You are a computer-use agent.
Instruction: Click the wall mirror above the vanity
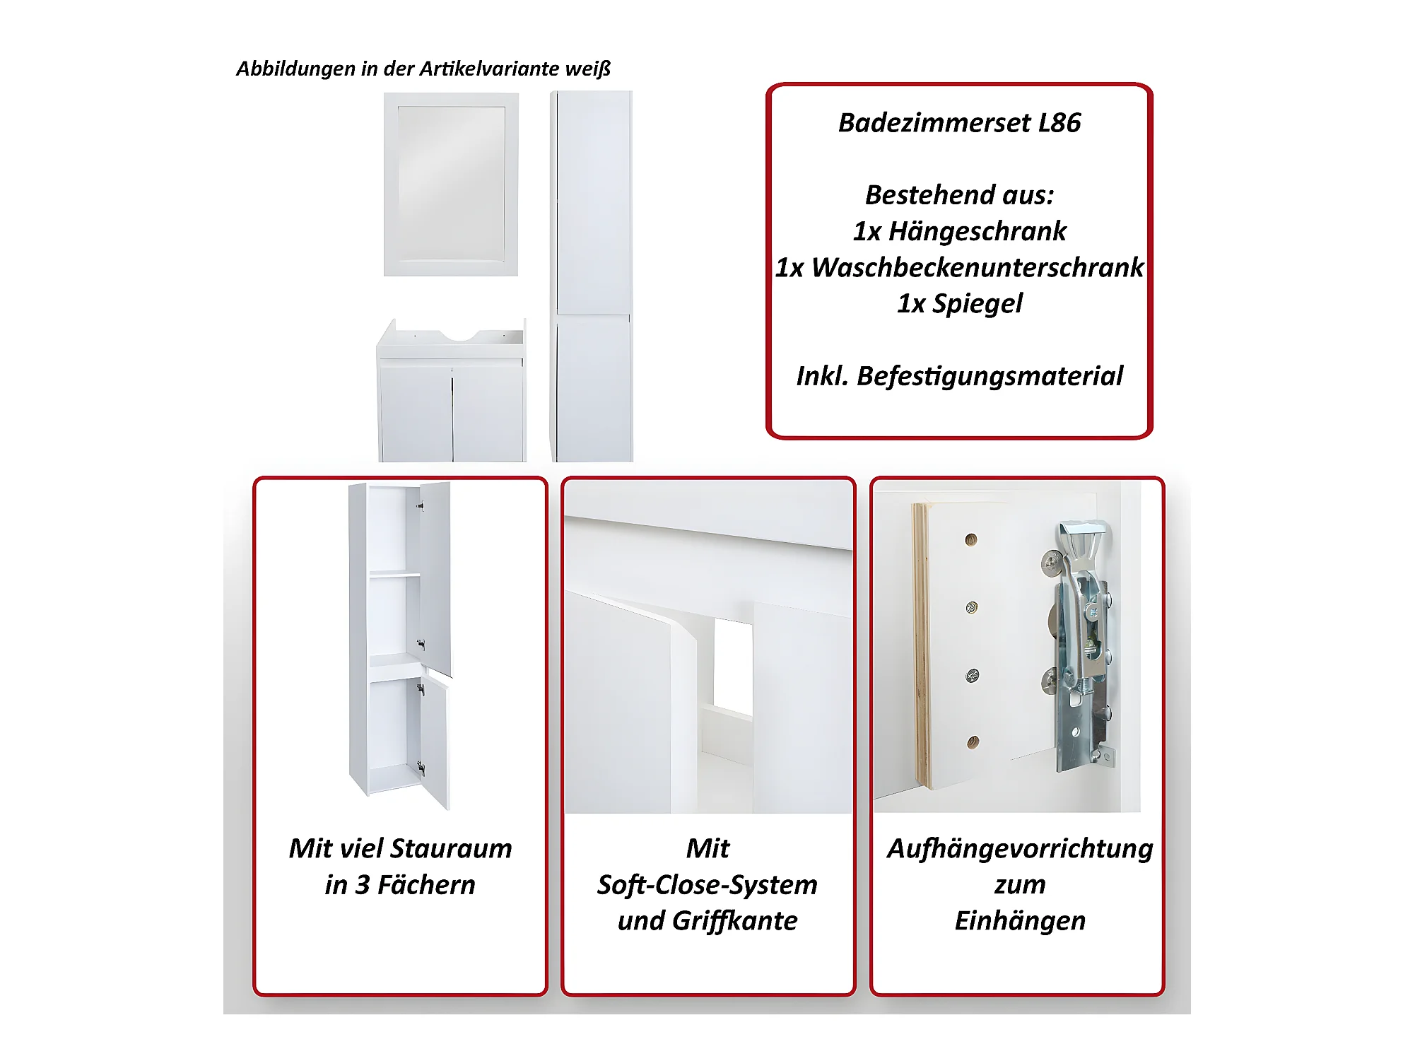(451, 184)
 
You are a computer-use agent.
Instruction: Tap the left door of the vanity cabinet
(416, 411)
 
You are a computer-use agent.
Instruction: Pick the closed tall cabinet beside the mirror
(592, 276)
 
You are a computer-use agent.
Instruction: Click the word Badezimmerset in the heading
(934, 123)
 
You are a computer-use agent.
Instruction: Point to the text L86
(1059, 123)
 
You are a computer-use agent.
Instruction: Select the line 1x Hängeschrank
(959, 231)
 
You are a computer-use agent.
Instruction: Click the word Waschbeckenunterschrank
(977, 267)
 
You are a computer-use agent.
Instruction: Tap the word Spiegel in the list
(977, 304)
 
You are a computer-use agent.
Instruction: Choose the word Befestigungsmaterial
(990, 376)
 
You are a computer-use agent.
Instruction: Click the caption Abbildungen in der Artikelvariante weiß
(423, 69)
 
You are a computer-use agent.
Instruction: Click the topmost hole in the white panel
(971, 539)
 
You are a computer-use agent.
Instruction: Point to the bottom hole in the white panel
(973, 742)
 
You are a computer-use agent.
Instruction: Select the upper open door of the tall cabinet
(435, 580)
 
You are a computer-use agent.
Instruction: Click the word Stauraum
(451, 848)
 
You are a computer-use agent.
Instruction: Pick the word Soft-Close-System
(707, 885)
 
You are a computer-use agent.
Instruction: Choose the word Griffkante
(734, 921)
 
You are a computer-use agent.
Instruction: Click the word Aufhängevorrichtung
(1020, 849)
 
